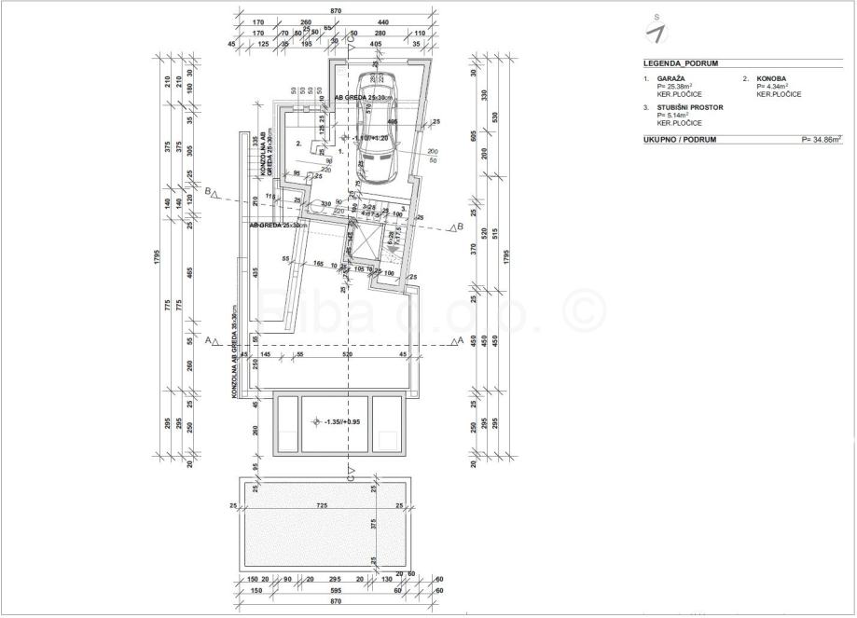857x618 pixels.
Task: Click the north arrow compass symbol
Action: pos(658,31)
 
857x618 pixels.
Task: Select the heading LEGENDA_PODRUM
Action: pos(680,64)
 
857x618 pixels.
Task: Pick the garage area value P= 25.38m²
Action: pos(677,87)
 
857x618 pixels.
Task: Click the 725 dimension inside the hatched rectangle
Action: pos(322,505)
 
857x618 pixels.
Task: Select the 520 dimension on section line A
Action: pos(347,355)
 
